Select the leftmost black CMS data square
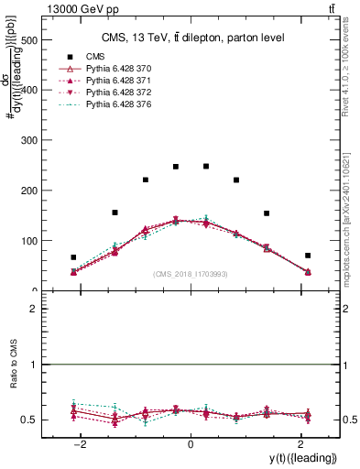73,257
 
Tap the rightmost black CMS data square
308,256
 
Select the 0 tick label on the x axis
191,444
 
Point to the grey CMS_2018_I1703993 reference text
191,273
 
